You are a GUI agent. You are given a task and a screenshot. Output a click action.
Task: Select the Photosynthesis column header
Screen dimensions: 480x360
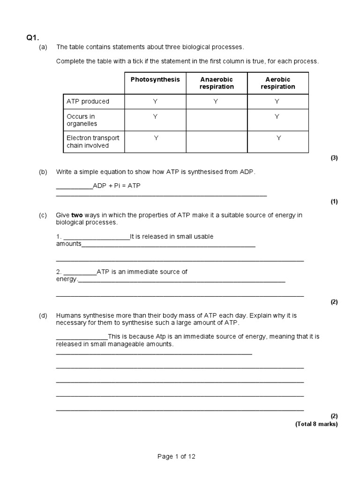[155, 80]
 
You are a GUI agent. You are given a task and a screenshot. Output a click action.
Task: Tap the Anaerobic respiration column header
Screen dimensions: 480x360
[217, 83]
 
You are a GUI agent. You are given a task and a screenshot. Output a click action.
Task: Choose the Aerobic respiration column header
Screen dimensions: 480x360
[278, 83]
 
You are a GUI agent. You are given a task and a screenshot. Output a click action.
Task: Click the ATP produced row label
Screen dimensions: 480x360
[88, 101]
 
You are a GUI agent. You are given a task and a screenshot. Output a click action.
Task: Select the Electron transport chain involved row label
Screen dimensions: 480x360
[93, 142]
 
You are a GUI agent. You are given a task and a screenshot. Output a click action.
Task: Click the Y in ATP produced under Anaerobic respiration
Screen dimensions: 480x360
[216, 101]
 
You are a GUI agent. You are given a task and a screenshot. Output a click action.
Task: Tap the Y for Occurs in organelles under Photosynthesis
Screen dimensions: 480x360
[155, 116]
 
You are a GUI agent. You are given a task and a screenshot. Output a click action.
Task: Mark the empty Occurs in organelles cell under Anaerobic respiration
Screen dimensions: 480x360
[217, 120]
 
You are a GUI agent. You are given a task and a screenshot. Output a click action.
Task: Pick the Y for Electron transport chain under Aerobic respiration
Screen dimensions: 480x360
[279, 138]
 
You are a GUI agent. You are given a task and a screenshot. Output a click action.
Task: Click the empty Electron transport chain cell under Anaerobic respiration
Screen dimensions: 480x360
[217, 142]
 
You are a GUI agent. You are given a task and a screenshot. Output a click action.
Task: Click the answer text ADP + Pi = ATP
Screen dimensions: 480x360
[117, 186]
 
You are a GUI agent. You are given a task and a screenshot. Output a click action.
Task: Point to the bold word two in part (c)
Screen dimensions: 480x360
[77, 215]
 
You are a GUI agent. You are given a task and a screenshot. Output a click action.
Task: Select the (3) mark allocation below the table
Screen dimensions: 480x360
[334, 158]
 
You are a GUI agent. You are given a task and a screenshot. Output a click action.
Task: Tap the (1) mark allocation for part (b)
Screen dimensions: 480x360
[334, 202]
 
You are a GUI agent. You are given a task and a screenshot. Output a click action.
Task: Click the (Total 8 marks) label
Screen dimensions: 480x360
[316, 424]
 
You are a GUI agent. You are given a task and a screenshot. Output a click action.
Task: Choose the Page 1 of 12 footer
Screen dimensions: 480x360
[180, 456]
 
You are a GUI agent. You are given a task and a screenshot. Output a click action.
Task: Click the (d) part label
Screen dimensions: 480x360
[43, 316]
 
